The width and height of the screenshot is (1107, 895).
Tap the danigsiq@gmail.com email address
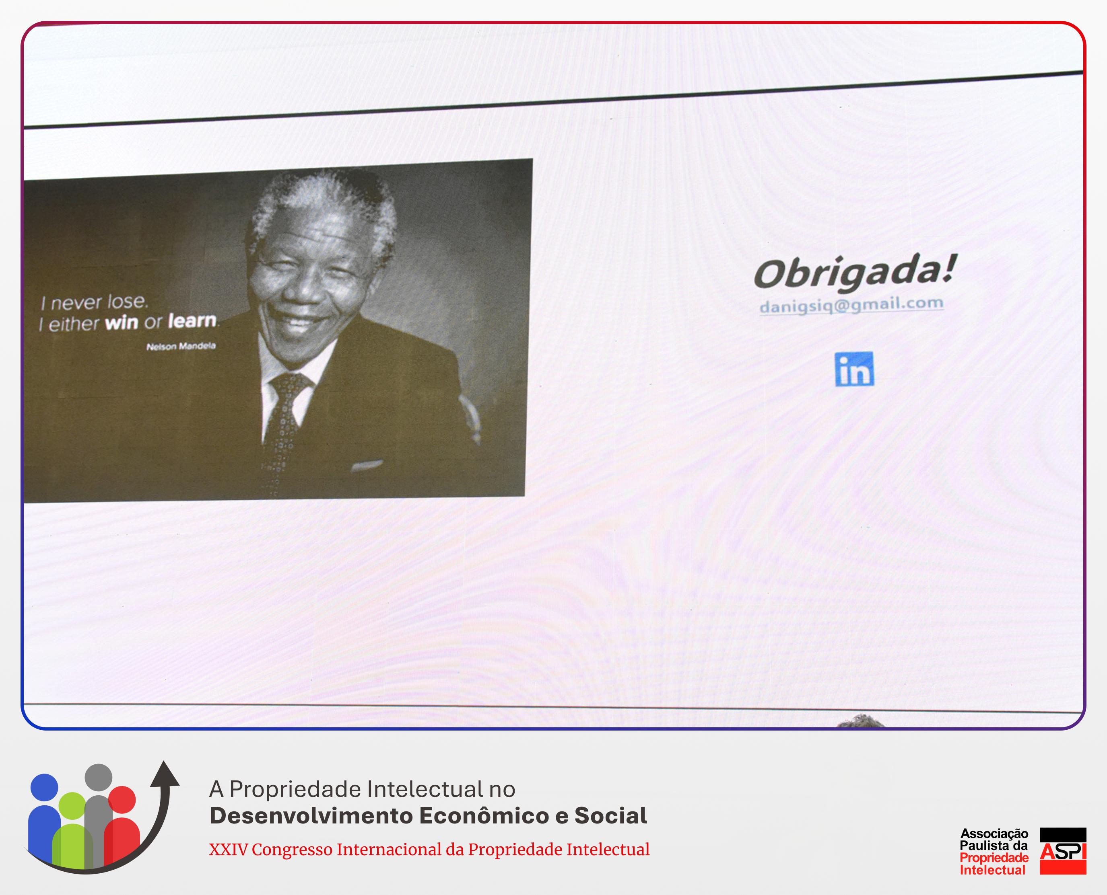coord(851,305)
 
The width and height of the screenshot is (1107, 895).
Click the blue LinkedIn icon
coord(854,369)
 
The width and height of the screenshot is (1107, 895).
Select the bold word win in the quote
coord(122,323)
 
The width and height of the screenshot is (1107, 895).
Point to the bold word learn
coord(192,321)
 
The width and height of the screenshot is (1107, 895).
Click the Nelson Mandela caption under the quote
coord(181,346)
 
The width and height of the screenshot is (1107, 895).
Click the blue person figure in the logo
coord(44,820)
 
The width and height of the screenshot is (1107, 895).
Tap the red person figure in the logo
coord(122,825)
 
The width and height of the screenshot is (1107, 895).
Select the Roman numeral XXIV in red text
coord(228,850)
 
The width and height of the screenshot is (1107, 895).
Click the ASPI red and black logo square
coord(1063,851)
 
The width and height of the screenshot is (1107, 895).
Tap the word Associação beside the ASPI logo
coord(994,833)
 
